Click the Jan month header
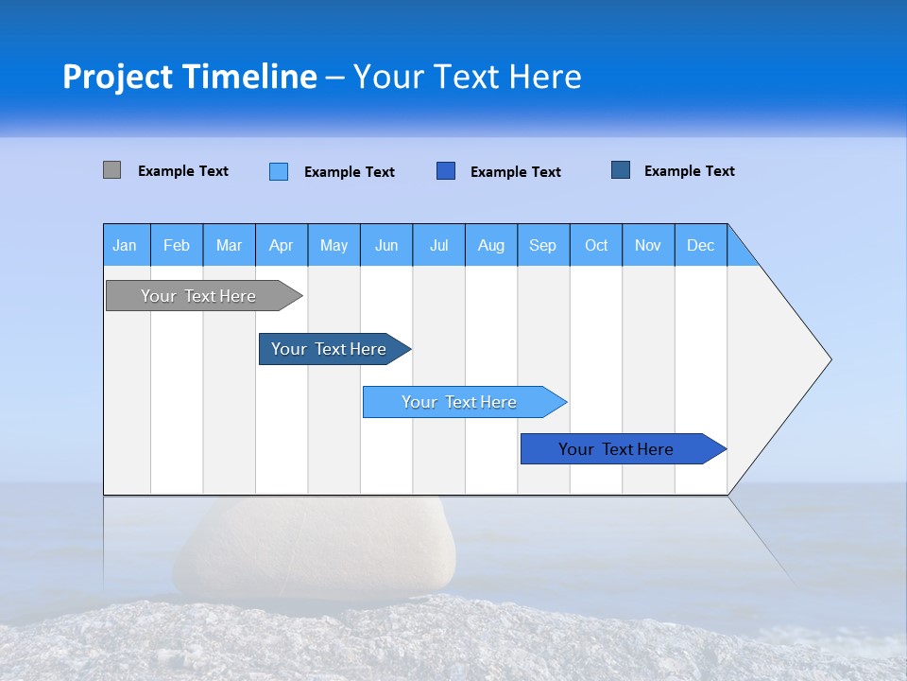click(125, 245)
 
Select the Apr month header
click(281, 245)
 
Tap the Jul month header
click(438, 245)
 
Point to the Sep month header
click(542, 245)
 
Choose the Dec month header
click(700, 245)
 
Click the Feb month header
click(177, 245)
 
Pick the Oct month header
click(596, 245)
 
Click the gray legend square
click(111, 170)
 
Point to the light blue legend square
click(279, 171)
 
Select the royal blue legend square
click(446, 170)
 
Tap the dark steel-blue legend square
click(621, 170)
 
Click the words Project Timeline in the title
click(189, 77)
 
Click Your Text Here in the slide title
click(468, 77)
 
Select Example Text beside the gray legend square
click(183, 171)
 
